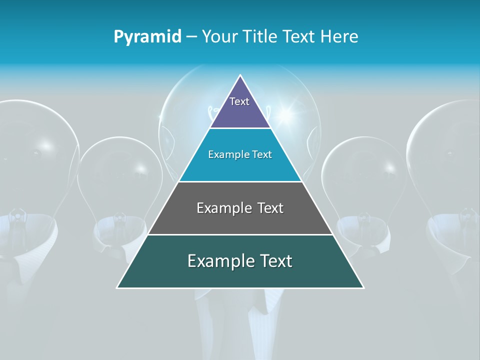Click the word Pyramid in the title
point(147,37)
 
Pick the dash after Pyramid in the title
point(191,37)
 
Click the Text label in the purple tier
point(239,101)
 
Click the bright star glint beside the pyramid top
point(286,115)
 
